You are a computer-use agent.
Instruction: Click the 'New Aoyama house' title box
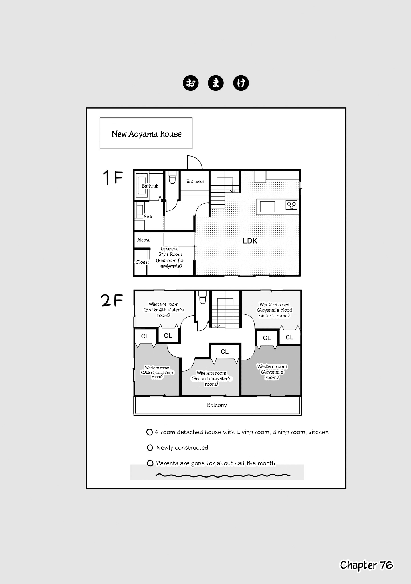[146, 133]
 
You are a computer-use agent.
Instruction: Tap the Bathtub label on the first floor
[150, 186]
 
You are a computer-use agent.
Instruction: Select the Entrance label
[195, 181]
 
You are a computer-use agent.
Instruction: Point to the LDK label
[250, 241]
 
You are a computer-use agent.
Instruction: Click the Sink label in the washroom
[148, 217]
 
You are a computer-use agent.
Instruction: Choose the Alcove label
[144, 240]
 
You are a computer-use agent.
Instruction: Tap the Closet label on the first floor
[142, 262]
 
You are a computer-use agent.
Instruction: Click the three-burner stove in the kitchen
[291, 205]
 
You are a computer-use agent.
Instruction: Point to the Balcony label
[217, 405]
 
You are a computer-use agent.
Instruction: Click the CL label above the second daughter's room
[225, 352]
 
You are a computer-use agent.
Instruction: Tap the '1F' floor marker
[113, 177]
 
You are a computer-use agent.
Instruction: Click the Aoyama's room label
[272, 372]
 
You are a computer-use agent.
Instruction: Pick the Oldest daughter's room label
[157, 372]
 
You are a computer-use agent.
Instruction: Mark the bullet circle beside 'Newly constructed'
[150, 448]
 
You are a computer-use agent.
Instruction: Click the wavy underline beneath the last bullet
[223, 475]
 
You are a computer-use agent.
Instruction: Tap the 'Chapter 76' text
[366, 565]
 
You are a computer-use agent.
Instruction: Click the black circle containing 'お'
[191, 83]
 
